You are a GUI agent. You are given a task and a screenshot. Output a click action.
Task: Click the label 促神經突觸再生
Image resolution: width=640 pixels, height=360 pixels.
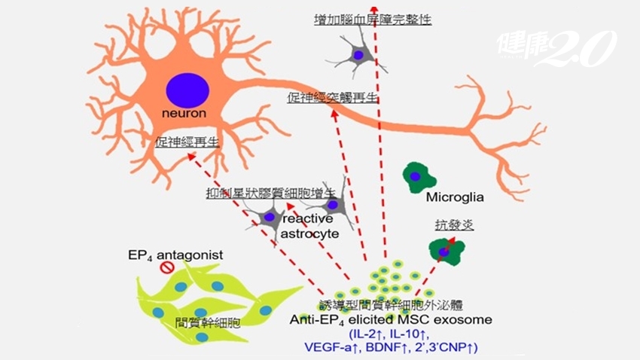[x=332, y=98]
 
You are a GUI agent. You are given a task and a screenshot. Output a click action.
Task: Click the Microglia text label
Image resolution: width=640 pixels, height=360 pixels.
[x=454, y=199]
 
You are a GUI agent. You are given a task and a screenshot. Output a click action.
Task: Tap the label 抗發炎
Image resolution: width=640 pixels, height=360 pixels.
[x=447, y=224]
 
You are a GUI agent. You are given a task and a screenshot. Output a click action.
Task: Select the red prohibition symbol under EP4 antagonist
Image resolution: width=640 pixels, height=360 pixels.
[x=167, y=267]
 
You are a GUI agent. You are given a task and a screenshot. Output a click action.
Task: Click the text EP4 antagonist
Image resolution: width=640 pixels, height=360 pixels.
[x=175, y=255]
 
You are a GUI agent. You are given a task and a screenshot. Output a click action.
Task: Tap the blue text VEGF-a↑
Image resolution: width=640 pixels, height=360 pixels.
[x=334, y=346]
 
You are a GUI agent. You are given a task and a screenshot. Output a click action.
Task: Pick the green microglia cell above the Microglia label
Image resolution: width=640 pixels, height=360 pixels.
[x=419, y=175]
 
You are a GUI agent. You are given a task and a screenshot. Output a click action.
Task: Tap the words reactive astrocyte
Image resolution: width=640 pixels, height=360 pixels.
[x=310, y=226]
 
